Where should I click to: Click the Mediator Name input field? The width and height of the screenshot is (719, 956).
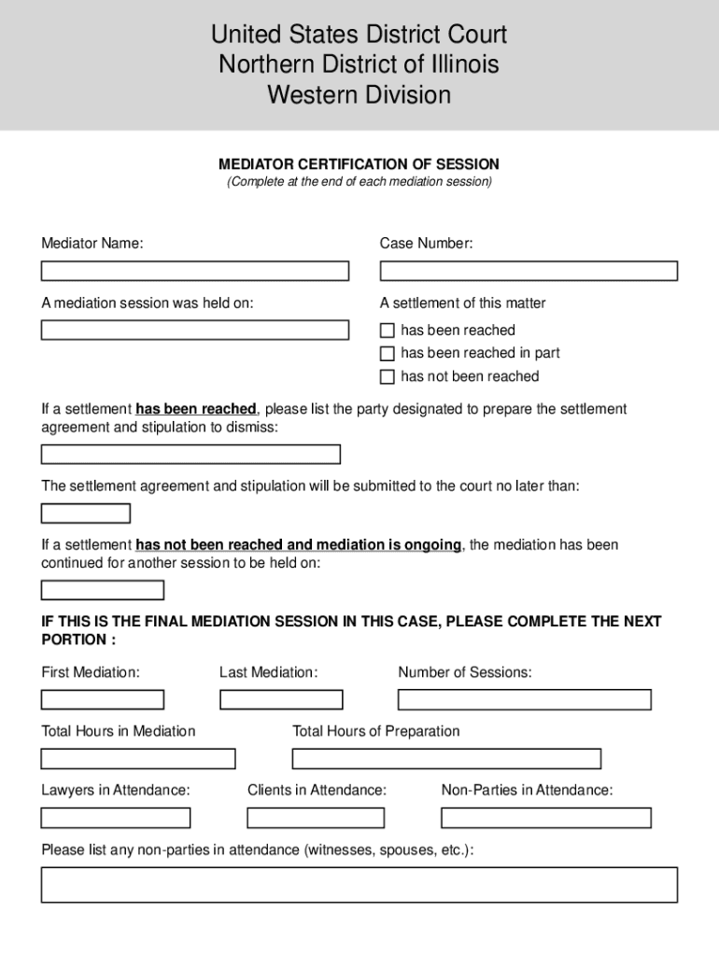pos(194,271)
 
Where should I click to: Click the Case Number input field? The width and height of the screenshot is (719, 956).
pos(528,271)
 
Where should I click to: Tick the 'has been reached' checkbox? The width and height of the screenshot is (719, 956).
pos(388,330)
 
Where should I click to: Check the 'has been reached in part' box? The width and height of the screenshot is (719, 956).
pos(388,354)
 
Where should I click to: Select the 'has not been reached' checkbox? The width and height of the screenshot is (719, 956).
pos(388,377)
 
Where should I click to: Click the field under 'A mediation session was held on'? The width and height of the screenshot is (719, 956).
pos(194,330)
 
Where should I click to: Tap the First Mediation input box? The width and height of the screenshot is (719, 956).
pos(103,699)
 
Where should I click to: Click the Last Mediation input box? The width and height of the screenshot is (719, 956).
pos(281,699)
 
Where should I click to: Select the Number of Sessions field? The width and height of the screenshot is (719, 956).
pos(524,699)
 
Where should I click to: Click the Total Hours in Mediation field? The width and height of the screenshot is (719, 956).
pos(138,758)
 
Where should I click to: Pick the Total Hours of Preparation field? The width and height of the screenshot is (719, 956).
pos(446,758)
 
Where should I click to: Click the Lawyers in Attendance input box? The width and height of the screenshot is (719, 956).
pos(116,818)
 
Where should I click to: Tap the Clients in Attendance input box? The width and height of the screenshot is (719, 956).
pos(316,818)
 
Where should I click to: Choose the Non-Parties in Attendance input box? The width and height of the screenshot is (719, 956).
pos(545,818)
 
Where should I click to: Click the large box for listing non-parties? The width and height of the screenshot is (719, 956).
pos(359,884)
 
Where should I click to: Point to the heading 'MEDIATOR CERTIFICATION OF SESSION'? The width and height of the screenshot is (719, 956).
pos(359,164)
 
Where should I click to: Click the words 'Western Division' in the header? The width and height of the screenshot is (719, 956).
pos(359,95)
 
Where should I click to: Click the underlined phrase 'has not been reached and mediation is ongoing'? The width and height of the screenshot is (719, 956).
pos(299,544)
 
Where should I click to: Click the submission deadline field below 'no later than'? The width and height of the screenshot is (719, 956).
pos(86,513)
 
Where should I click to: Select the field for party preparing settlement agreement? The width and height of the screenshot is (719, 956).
pos(190,455)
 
